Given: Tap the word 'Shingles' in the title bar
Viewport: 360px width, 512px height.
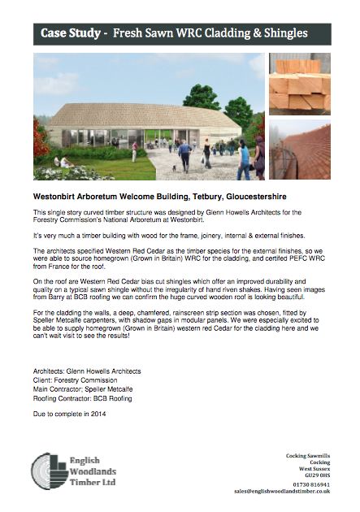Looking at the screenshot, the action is point(279,35).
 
